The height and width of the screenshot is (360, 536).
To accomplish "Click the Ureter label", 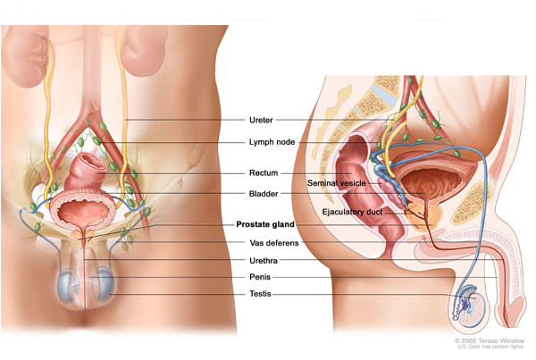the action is tap(261, 120).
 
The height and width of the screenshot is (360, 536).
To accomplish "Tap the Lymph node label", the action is tap(272, 142).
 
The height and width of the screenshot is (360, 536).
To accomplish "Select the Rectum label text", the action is tap(264, 173).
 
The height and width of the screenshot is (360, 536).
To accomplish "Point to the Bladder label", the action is tap(264, 194).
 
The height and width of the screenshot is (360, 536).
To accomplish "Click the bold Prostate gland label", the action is tap(265, 224).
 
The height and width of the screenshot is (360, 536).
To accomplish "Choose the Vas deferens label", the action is tap(274, 243).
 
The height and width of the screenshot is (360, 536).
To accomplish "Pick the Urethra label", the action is tap(264, 261).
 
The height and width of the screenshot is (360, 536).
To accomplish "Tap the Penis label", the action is tap(260, 277).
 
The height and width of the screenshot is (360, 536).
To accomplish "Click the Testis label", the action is tap(260, 294).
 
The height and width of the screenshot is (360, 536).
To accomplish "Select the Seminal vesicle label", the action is tap(337, 183).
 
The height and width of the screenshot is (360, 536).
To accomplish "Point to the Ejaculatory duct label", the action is tap(352, 212).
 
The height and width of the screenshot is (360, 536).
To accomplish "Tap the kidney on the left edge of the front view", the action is tap(24, 56).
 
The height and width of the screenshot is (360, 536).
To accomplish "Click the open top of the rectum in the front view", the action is tap(93, 162).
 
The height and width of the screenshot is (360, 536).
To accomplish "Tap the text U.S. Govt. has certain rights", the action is tap(490, 347).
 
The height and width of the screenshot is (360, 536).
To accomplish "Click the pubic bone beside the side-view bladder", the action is tap(472, 204).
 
